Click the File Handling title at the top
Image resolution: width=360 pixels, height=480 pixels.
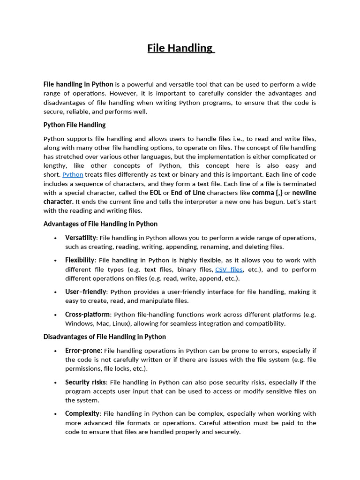(x=180, y=48)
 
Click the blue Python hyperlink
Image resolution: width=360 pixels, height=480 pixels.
(x=73, y=175)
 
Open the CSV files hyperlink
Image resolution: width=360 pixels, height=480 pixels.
(x=229, y=270)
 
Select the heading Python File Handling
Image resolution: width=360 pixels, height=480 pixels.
(x=75, y=125)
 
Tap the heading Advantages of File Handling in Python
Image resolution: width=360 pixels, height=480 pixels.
(x=100, y=224)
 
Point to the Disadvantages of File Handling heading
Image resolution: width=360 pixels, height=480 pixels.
(x=105, y=337)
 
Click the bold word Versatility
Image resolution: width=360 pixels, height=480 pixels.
(x=81, y=238)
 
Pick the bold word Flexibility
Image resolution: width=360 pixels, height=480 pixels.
(x=80, y=260)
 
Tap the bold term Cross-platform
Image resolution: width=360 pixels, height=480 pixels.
(x=88, y=315)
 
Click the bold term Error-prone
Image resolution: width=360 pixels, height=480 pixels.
(x=84, y=351)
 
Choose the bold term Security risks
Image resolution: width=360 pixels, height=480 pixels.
(x=86, y=382)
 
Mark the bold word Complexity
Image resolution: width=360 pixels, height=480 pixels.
(x=82, y=414)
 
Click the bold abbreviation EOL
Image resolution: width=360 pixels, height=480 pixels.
(x=156, y=193)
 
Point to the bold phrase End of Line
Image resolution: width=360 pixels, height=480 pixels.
(x=188, y=193)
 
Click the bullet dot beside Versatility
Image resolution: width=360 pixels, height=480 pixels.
(x=56, y=238)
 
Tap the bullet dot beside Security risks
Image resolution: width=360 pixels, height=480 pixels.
(x=56, y=383)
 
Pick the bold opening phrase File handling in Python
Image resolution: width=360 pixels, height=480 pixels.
(x=78, y=84)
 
